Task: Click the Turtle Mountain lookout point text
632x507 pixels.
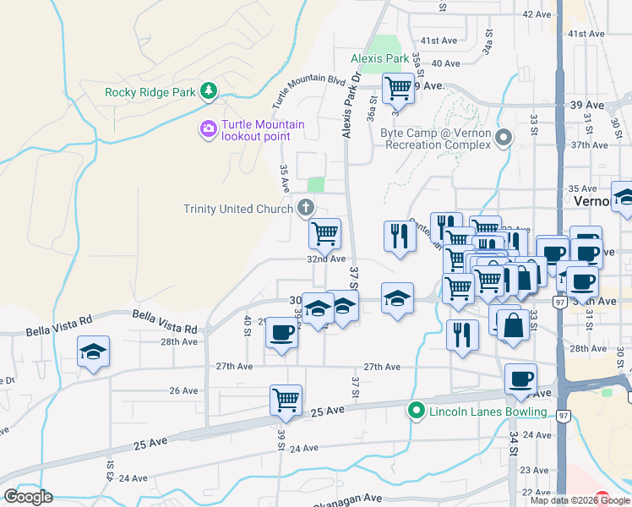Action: [x=263, y=130]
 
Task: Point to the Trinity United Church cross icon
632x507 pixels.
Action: [x=306, y=208]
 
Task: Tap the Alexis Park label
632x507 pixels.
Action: [x=380, y=59]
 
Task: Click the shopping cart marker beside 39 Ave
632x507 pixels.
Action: [x=397, y=87]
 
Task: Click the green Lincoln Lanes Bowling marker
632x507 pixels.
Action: [x=416, y=412]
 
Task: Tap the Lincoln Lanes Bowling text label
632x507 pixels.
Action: [x=488, y=412]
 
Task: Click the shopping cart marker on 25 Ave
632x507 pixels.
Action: [x=286, y=400]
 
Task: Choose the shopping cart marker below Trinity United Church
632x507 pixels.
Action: [x=324, y=233]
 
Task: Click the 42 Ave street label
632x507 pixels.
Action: [x=537, y=14]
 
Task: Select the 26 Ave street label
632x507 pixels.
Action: [x=183, y=391]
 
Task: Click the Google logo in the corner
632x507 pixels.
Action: [x=28, y=497]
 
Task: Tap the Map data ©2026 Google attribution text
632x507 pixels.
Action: [x=580, y=500]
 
